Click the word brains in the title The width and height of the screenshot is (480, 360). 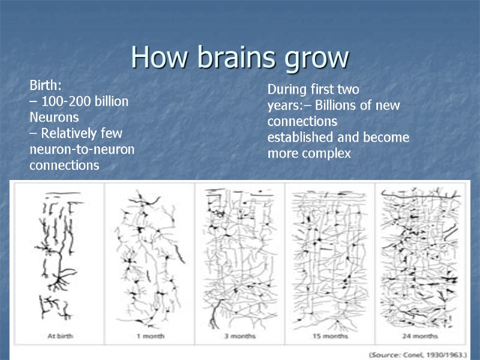coord(229,58)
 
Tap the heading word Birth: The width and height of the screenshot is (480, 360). coord(46,85)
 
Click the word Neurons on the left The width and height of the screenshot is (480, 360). coord(54,117)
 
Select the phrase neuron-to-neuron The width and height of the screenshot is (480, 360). coord(82,149)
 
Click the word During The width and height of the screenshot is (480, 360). coord(287,90)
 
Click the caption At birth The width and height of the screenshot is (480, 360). coord(60,335)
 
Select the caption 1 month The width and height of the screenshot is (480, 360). coord(149,335)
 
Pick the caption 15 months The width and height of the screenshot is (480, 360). coord(329,335)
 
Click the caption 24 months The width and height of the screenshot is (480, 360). coord(421,335)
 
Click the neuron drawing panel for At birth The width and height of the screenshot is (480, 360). coord(59,255)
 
